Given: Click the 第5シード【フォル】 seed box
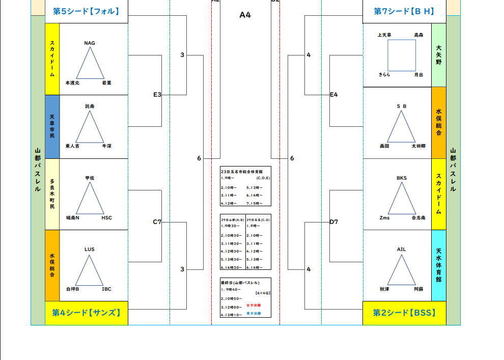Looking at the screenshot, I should coord(86,11).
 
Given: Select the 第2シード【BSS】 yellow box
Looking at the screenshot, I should coord(404,313).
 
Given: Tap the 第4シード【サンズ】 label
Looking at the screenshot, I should coord(86,313).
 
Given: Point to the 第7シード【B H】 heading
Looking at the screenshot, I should coord(404,11).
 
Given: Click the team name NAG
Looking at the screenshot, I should coord(90,43).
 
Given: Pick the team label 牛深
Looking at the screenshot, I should coord(106,146).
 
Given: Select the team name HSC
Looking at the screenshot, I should coord(106,217).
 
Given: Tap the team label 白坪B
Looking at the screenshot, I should coord(73,289).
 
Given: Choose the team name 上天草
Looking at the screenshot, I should coord(384,35).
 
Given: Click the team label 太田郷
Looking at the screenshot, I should coord(418,146).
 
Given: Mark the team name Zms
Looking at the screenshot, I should coord(384,217).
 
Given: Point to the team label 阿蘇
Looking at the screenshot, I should coord(418,289).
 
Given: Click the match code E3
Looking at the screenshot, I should coord(157,94).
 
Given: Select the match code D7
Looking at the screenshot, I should coord(333,221).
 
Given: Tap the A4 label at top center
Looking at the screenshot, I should coord(245,15).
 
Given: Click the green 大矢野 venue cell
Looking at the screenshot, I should coord(439,55).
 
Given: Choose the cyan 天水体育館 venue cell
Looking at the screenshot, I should coord(439,265).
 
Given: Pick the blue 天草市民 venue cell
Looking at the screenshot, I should coord(52,126).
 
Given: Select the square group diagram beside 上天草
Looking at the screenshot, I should coord(401,55).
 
